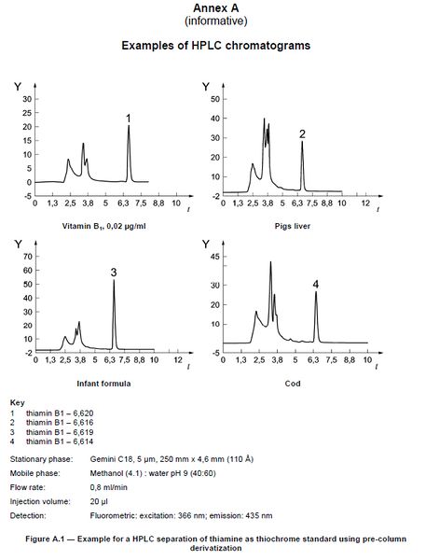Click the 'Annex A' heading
218,8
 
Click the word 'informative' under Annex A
218,21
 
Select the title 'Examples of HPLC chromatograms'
218,45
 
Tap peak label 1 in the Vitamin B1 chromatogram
129,118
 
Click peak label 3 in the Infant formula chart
113,273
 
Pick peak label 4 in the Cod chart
315,284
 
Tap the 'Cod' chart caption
294,383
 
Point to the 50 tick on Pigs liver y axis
214,98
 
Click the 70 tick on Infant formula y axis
29,255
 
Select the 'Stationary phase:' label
39,459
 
